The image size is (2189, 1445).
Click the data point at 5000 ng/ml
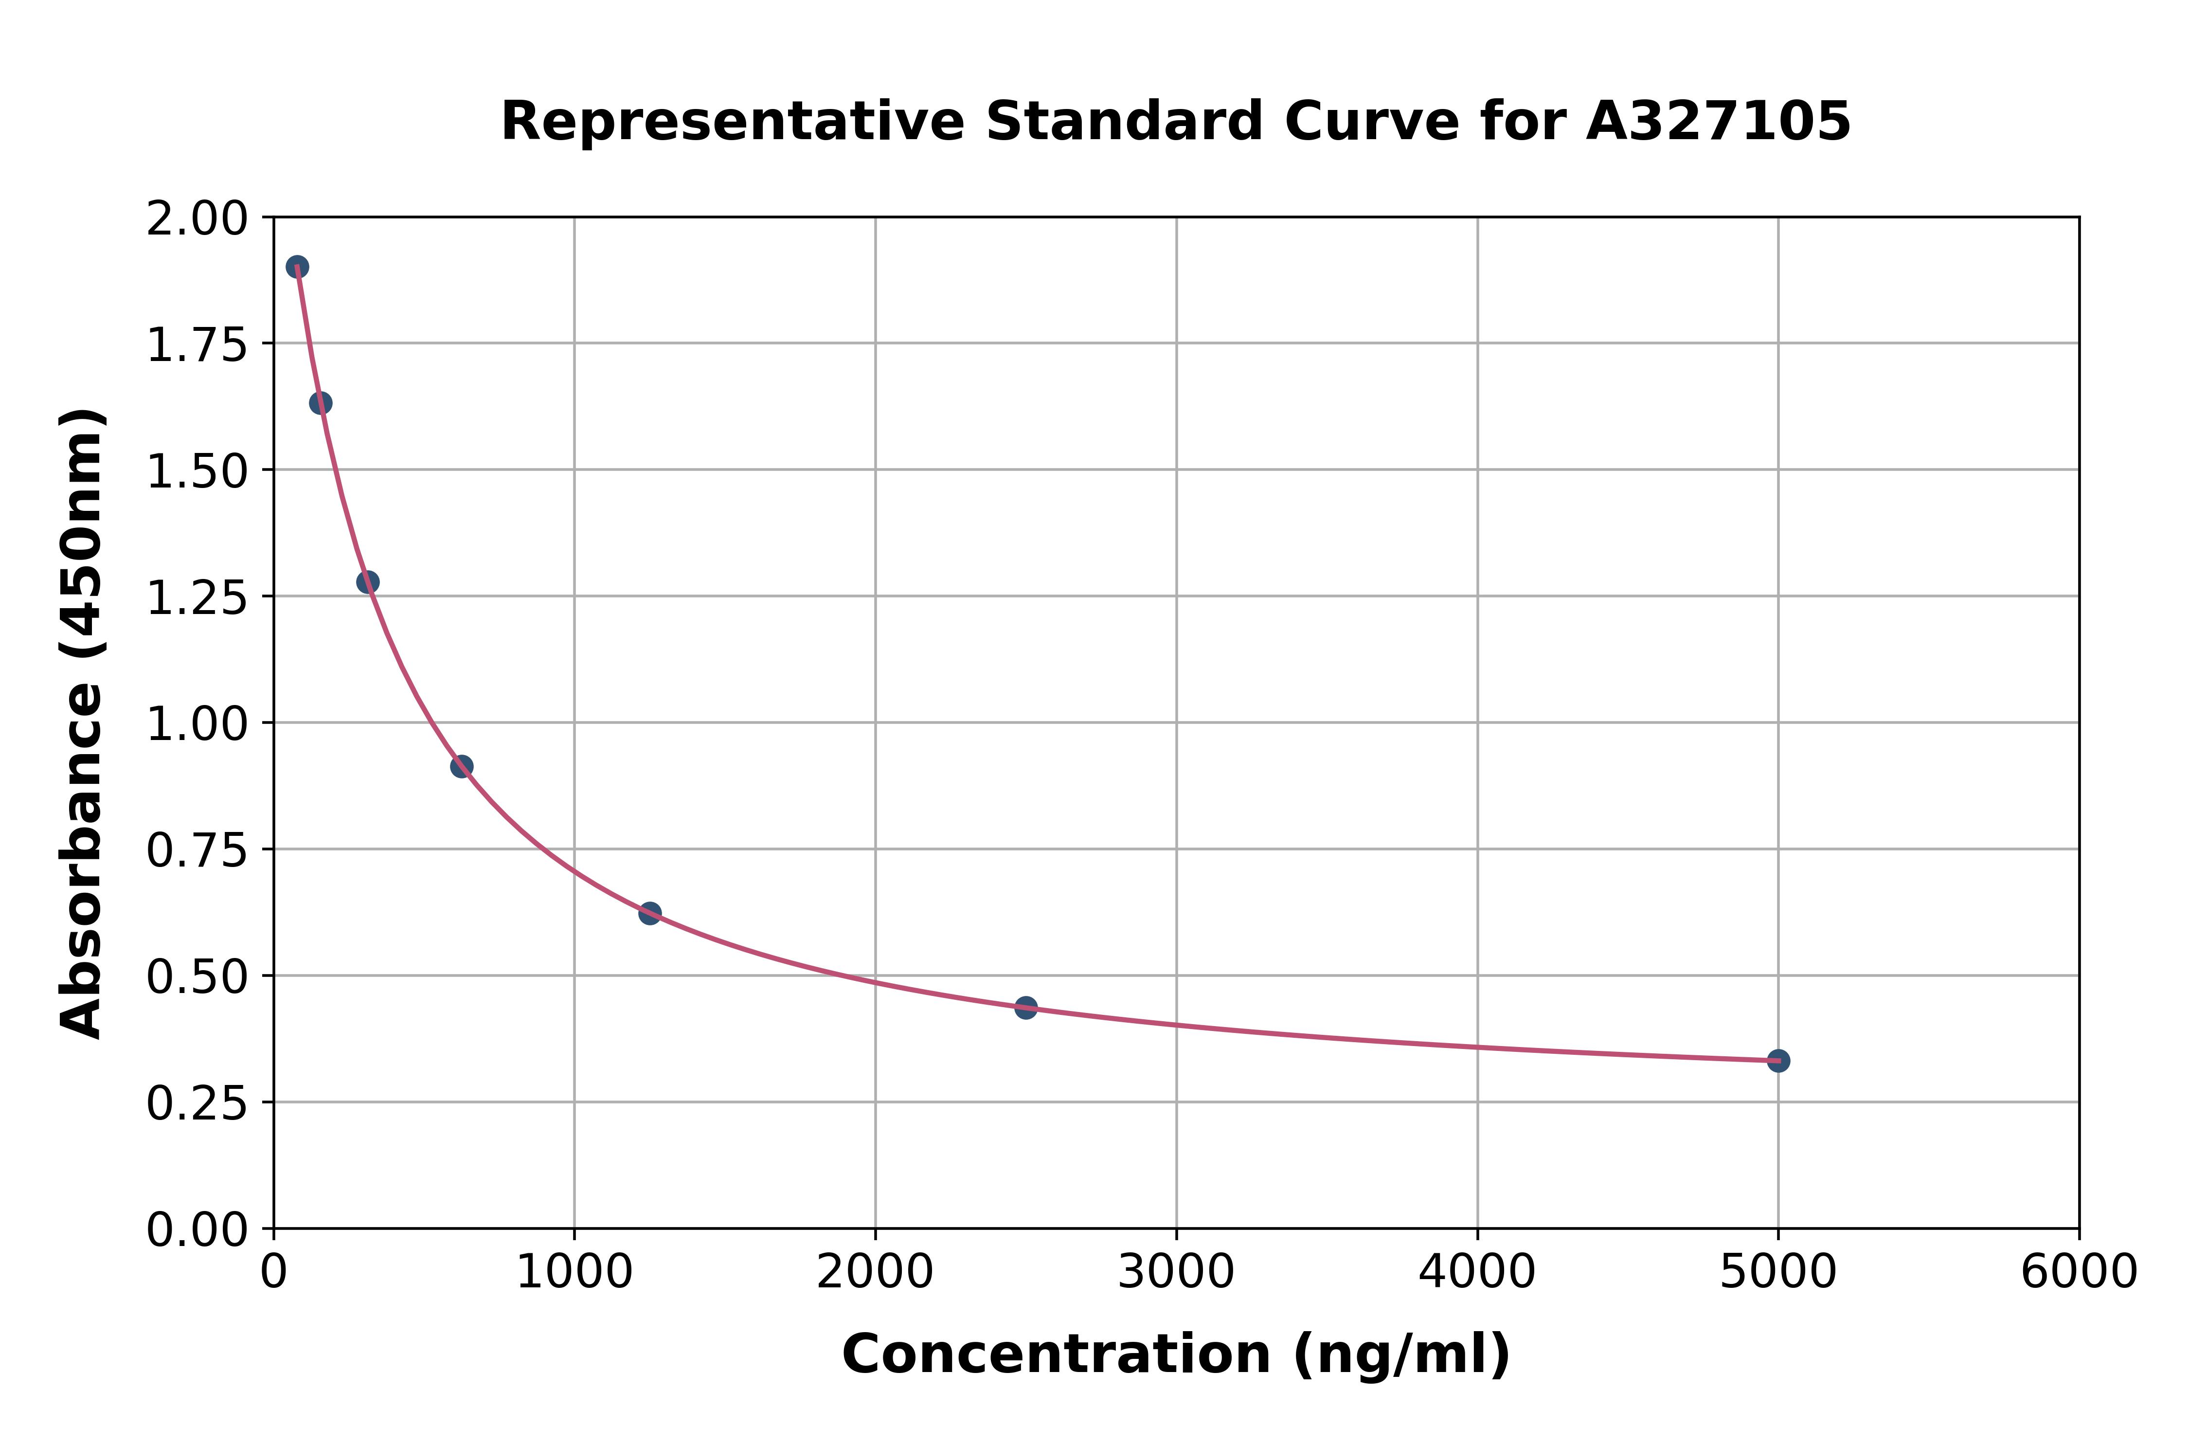(x=1778, y=1061)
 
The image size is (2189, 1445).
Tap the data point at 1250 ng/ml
(x=649, y=913)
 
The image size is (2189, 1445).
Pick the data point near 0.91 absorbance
(x=462, y=766)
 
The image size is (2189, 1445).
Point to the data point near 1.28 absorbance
(x=368, y=581)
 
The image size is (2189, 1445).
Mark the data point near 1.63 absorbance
(x=321, y=403)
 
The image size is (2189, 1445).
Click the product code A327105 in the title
(x=1718, y=122)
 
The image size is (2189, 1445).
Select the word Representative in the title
(x=733, y=122)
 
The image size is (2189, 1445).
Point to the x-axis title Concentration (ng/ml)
(x=1176, y=1355)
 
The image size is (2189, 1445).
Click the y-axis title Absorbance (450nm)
(x=81, y=723)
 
